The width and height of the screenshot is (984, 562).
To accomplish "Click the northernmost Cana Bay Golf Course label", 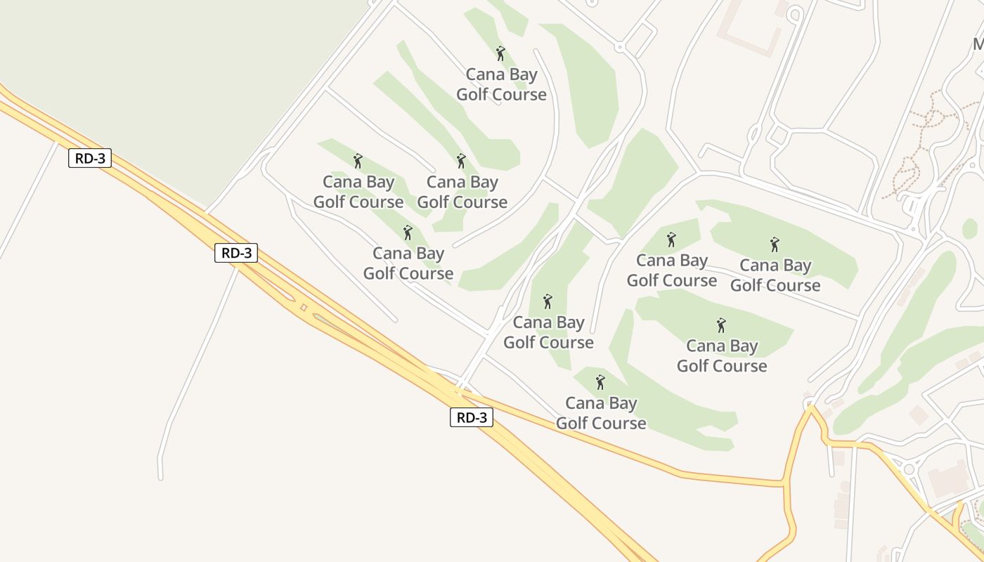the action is (x=501, y=84).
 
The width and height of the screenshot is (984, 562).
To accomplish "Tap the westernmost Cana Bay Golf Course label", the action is (x=358, y=192).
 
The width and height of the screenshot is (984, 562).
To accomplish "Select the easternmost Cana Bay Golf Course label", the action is (x=775, y=275).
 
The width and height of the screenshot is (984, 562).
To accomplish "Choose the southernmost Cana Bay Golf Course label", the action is (x=601, y=413).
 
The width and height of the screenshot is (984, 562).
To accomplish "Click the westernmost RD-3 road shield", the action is (x=90, y=158).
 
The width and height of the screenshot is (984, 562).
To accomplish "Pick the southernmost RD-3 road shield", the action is (x=472, y=417).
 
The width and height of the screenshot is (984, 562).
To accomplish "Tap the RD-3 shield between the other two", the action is (x=236, y=253).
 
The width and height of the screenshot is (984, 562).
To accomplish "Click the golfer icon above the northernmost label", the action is (x=500, y=53).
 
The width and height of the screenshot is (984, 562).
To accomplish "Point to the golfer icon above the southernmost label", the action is (x=600, y=382).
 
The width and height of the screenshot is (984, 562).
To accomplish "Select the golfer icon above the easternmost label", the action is (x=775, y=244).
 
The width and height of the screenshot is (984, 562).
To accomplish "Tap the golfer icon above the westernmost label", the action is (x=358, y=161).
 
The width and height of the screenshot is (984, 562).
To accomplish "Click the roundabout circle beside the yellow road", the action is (x=909, y=469).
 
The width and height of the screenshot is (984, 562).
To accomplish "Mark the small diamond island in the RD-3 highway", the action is (x=304, y=307).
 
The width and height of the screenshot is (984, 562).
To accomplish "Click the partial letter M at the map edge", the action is (x=978, y=44).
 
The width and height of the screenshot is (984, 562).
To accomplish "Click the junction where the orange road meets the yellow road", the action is (x=784, y=483).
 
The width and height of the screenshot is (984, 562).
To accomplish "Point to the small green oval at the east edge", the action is (x=970, y=228).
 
